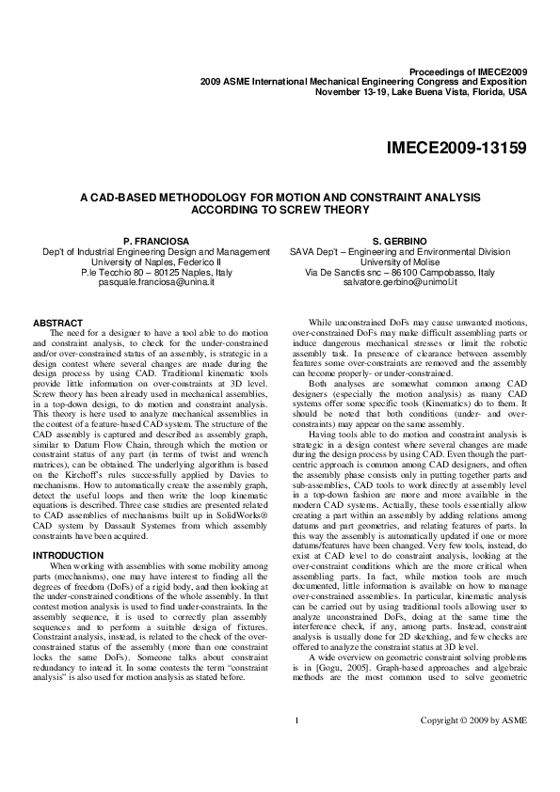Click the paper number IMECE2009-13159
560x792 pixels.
click(456, 149)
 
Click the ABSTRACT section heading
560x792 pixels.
click(58, 323)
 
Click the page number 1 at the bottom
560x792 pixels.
click(296, 748)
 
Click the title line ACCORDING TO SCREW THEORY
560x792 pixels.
click(280, 210)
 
